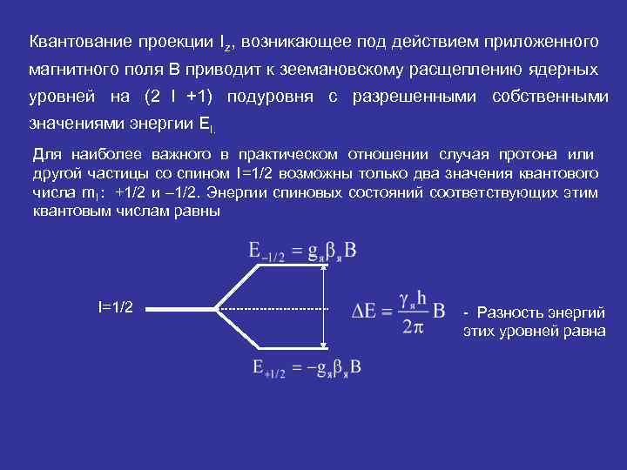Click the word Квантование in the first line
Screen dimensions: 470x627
pyautogui.click(x=74, y=41)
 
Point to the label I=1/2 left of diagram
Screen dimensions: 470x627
pyautogui.click(x=116, y=307)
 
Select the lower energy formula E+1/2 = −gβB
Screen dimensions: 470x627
pyautogui.click(x=305, y=367)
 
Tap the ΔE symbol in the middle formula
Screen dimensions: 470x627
pyautogui.click(x=366, y=311)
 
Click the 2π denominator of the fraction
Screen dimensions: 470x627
pyautogui.click(x=412, y=326)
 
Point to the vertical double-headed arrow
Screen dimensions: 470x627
pyautogui.click(x=323, y=308)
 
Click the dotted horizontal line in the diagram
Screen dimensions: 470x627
pyautogui.click(x=273, y=308)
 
